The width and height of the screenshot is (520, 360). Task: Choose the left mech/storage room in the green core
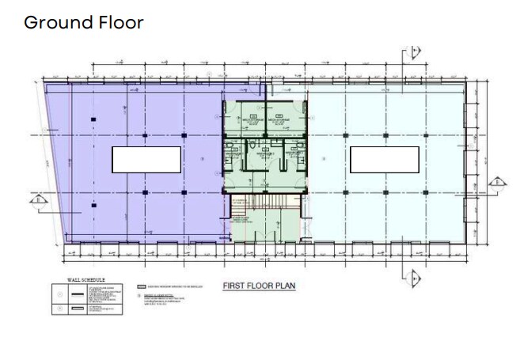253,120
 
